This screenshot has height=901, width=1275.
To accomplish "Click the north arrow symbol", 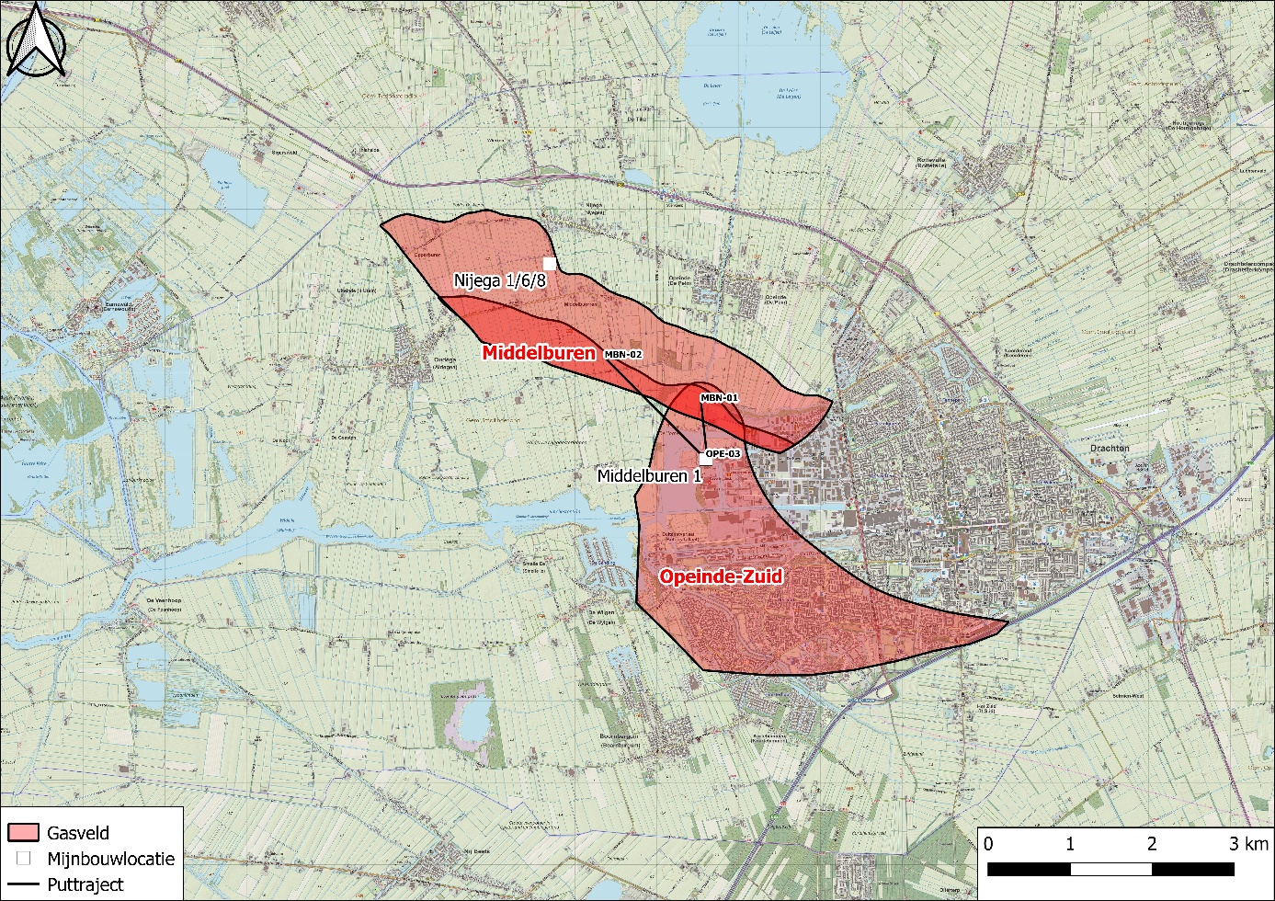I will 34,40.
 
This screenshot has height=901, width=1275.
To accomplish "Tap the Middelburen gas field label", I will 539,352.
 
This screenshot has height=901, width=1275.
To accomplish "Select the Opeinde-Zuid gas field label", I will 721,576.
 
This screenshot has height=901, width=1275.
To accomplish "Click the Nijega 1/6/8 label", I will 499,280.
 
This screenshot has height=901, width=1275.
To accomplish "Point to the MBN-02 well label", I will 623,354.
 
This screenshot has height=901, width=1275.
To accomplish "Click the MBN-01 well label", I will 719,397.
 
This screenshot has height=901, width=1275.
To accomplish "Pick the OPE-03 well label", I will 723,453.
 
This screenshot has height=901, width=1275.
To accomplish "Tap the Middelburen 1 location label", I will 649,475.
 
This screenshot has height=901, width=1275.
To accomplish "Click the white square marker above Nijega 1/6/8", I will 550,263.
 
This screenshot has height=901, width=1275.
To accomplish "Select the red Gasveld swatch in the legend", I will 23,833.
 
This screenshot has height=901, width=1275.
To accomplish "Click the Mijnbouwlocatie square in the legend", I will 23,859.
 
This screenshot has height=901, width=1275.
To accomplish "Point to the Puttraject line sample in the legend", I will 23,884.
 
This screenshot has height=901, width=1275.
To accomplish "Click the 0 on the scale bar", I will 988,844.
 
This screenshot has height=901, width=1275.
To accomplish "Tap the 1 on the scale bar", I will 1070,844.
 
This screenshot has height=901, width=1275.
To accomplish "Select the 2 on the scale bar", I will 1152,844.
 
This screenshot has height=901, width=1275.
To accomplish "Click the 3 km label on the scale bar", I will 1248,844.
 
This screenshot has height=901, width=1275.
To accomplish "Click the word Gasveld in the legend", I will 78,833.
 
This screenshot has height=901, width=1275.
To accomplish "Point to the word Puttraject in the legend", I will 85,884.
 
